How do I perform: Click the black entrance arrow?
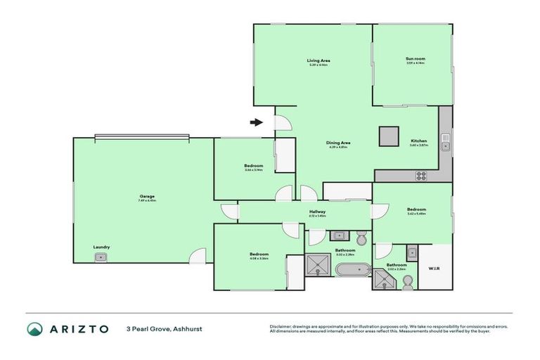click(257, 122)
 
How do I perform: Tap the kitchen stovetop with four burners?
click(422, 175)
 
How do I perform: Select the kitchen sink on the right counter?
click(445, 146)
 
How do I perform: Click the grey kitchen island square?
click(388, 136)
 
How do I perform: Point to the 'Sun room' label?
click(415, 58)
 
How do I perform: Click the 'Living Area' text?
click(319, 60)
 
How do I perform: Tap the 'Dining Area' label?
click(340, 143)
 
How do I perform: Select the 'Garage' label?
click(146, 196)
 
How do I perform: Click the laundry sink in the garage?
click(101, 257)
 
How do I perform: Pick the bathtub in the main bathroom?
click(352, 269)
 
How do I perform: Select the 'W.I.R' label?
click(433, 267)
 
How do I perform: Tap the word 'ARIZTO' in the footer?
click(78, 329)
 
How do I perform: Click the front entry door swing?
click(281, 124)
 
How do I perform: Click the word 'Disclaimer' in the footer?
click(281, 326)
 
